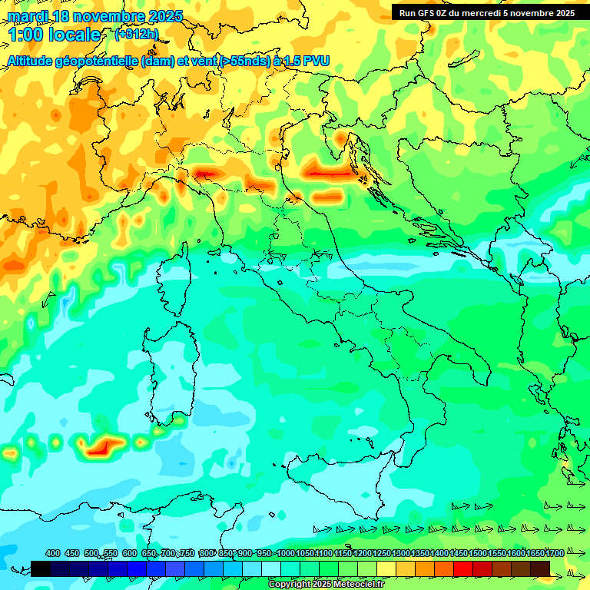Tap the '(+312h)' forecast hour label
[138, 34]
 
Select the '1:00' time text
[24, 35]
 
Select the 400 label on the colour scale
[53, 553]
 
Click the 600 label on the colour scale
[129, 553]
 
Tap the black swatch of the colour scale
[41, 568]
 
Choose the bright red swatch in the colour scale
[463, 568]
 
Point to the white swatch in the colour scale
[271, 568]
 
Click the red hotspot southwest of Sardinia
[101, 446]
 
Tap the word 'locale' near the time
[75, 35]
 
